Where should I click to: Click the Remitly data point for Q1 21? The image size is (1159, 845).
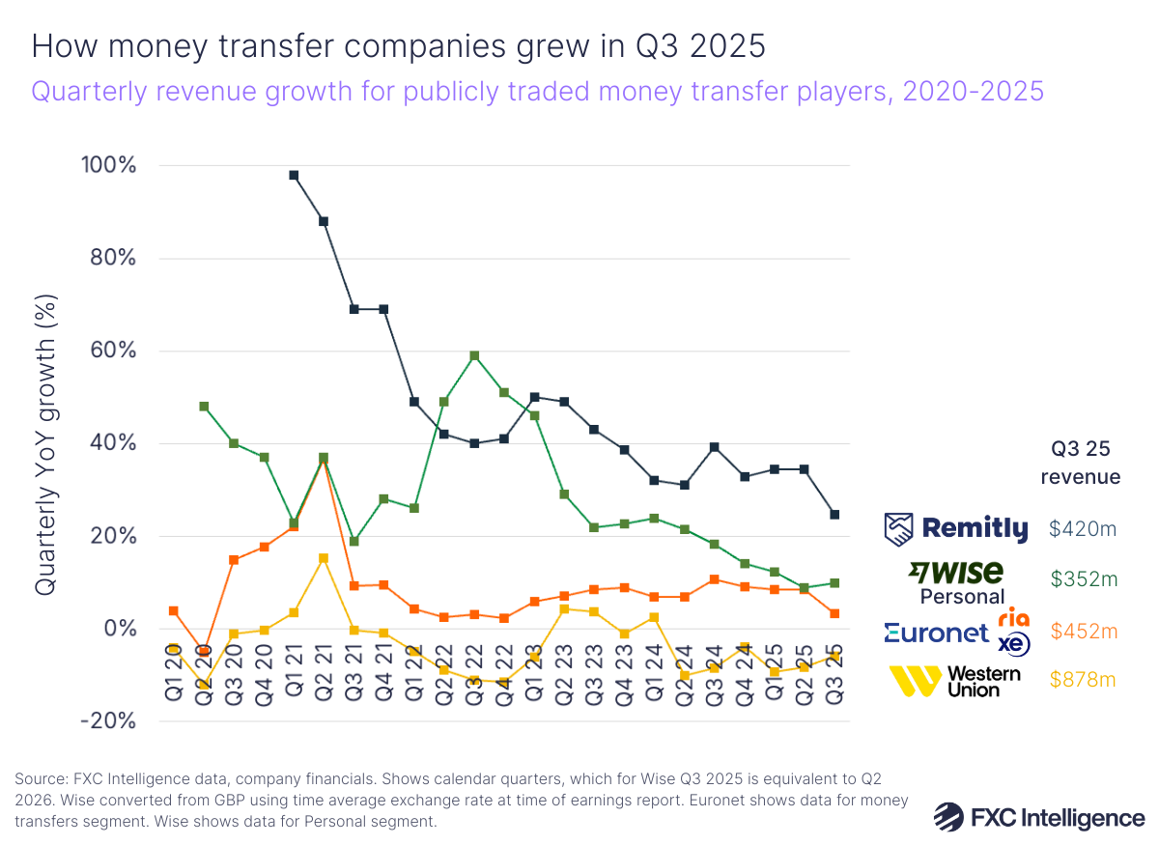pyautogui.click(x=294, y=175)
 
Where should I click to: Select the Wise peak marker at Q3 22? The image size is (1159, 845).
pyautogui.click(x=474, y=355)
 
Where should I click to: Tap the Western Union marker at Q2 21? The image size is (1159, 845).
pyautogui.click(x=324, y=558)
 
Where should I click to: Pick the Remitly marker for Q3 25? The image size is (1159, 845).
pyautogui.click(x=834, y=515)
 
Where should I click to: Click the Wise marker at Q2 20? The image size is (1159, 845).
pyautogui.click(x=204, y=407)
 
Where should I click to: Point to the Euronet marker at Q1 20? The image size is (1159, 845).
pyautogui.click(x=173, y=610)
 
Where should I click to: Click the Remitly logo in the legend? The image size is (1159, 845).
pyautogui.click(x=956, y=528)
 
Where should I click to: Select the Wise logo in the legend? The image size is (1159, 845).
pyautogui.click(x=955, y=573)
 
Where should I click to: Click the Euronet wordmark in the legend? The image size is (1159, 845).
pyautogui.click(x=937, y=633)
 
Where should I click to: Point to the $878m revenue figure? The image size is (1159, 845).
pyautogui.click(x=1083, y=680)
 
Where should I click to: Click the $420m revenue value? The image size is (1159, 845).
pyautogui.click(x=1083, y=528)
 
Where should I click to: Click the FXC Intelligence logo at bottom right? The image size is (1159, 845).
pyautogui.click(x=1039, y=817)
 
